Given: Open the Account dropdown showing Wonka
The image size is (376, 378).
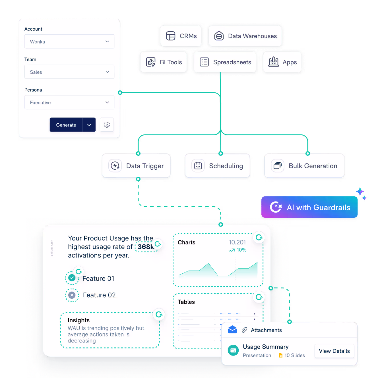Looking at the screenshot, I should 69,41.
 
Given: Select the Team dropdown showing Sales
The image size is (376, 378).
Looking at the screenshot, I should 69,72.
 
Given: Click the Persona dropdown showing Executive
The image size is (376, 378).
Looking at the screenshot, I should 69,102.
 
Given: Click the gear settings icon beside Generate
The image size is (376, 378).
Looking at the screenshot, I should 107,125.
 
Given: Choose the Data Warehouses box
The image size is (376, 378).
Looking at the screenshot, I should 245,36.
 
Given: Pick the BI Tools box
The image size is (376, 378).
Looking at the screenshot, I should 164,62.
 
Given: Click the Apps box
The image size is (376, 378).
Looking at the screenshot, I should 282,62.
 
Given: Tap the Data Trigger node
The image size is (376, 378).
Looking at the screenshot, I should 136,166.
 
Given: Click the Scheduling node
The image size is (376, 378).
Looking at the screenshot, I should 218,166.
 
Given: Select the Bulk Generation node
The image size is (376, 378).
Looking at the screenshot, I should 305,166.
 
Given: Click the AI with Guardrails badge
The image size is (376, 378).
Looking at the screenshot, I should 310,207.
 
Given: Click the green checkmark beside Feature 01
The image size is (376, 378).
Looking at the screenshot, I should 72,278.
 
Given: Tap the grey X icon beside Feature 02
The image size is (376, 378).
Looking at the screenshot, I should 72,295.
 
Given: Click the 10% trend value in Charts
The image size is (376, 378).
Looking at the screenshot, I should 241,250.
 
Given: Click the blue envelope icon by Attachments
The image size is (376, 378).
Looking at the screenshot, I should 232,330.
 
